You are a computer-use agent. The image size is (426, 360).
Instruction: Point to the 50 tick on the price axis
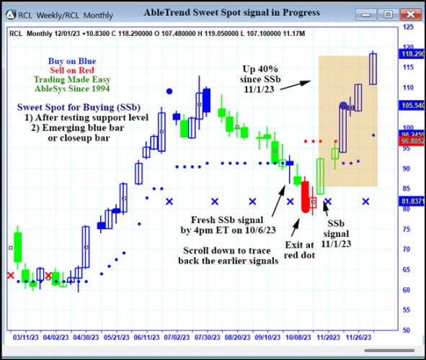point(407,330)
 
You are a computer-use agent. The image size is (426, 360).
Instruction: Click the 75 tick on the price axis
point(407,229)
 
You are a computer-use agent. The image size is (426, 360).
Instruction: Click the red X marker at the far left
point(10,275)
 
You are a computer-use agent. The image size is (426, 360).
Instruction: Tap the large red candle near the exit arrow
point(305,196)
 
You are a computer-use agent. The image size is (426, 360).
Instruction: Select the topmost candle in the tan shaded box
point(373,68)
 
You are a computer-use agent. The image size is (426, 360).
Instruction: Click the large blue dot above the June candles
point(169,91)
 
